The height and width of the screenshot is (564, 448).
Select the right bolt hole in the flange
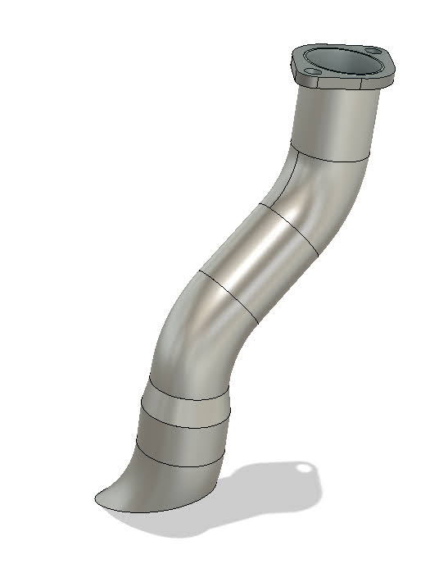coord(375,52)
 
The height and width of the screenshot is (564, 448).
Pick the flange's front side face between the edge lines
coord(344,84)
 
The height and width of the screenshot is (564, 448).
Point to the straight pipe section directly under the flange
coord(336,123)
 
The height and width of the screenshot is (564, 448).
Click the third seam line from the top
coord(229,295)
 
